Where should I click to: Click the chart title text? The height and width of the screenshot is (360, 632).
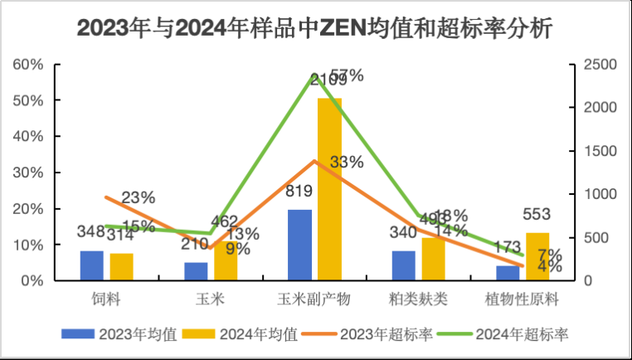coord(315,27)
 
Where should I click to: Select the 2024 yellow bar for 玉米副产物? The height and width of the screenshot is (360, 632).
coord(329,189)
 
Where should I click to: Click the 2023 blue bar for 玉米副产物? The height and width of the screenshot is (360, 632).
coord(299,245)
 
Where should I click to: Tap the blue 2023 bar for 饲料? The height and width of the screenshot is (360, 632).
coord(92,265)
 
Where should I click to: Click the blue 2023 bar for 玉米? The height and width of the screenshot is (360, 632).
coord(196,271)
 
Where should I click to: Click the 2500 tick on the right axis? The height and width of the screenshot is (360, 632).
coord(594,65)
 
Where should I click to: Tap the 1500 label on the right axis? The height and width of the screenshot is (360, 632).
coord(594,151)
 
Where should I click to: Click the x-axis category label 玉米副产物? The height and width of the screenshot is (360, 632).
coord(314,296)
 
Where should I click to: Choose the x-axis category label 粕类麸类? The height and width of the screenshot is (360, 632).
coord(419,296)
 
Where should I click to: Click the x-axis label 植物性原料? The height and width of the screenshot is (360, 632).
coord(523,296)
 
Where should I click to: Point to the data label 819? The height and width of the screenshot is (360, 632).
coord(299,192)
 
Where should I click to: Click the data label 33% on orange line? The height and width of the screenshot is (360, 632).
coord(347,163)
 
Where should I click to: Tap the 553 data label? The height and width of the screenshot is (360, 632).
coord(537,215)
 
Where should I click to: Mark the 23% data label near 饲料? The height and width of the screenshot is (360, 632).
coord(138,197)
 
